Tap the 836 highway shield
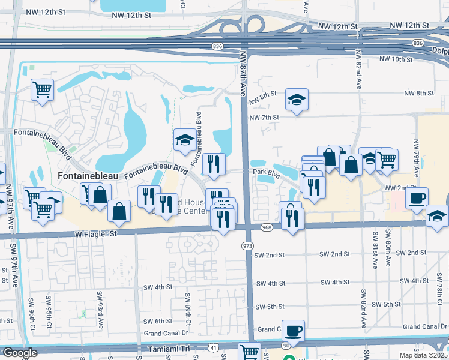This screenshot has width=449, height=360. point(217,46)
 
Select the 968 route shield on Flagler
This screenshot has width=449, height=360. point(267,227)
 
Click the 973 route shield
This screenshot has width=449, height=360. point(247,247)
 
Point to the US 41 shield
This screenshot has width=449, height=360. point(214,347)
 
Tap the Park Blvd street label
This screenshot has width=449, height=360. point(267,173)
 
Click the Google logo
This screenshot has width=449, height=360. point(20,353)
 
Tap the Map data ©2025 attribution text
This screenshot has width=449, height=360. point(423,355)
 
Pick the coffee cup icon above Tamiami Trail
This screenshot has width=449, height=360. point(293,330)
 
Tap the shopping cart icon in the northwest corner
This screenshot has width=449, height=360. point(42,90)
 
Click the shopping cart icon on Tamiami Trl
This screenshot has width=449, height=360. point(249,352)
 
